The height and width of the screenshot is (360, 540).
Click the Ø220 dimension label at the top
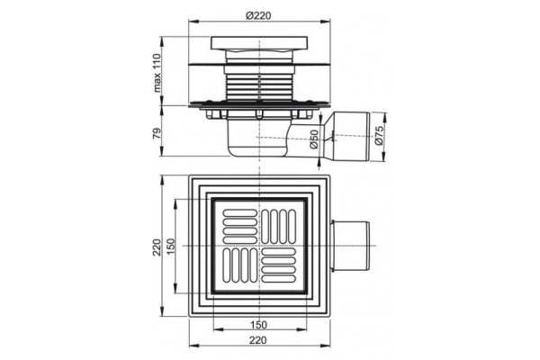point(258,15)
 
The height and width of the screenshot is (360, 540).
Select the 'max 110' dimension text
point(157,73)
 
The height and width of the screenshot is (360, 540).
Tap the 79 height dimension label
point(157,132)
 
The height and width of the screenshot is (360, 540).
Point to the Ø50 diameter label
point(313,139)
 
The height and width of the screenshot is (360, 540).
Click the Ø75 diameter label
point(379,135)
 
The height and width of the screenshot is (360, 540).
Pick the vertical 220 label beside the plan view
point(157,247)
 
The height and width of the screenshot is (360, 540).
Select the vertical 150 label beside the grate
point(171,247)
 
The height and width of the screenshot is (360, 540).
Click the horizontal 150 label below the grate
point(258,325)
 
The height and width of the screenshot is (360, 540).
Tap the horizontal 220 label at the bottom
point(258,340)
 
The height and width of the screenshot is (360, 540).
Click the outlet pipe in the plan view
point(350,246)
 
